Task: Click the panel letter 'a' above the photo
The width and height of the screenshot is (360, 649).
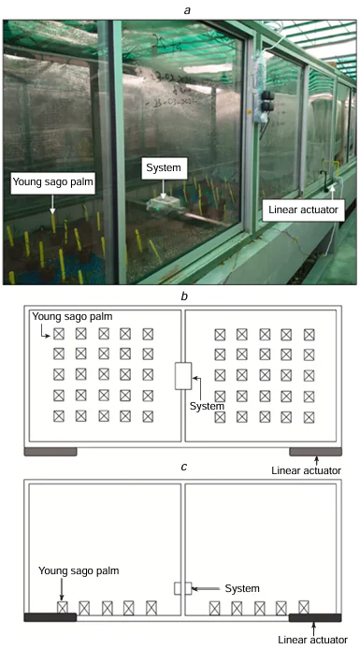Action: (180, 7)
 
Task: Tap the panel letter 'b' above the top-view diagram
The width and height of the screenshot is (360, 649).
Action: (180, 296)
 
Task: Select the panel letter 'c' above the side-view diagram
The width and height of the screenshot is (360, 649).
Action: (180, 469)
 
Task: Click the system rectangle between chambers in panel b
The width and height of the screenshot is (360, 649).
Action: (182, 376)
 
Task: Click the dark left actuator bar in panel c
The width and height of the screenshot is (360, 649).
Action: (50, 617)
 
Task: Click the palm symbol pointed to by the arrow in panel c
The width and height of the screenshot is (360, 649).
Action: (63, 607)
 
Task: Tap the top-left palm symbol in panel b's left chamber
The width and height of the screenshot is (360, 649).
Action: (58, 333)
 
